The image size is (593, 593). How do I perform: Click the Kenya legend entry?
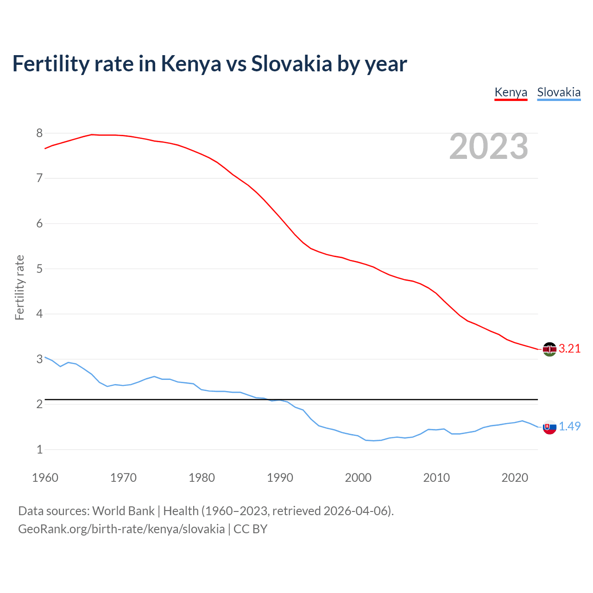click(x=511, y=92)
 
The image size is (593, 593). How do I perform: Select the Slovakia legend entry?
click(x=559, y=92)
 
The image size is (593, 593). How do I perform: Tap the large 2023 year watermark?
click(x=489, y=146)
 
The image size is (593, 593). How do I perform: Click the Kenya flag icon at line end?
click(x=549, y=349)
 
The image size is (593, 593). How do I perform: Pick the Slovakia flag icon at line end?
click(x=549, y=427)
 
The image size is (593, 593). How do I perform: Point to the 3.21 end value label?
click(x=569, y=349)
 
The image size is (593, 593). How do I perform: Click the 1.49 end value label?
click(x=569, y=427)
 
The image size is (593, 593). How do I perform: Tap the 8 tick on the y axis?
click(x=39, y=133)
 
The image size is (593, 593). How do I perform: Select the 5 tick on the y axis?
click(x=39, y=269)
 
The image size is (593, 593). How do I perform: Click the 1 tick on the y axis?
click(x=39, y=449)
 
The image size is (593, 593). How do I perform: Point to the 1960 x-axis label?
click(x=45, y=478)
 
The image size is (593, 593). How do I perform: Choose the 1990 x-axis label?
click(x=280, y=478)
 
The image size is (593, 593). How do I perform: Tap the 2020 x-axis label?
click(x=515, y=478)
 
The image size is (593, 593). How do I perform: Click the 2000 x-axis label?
click(x=358, y=478)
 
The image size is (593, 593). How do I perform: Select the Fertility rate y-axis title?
click(x=19, y=287)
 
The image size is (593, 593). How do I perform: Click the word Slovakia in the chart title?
click(x=292, y=64)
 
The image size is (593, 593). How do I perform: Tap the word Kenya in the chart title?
click(x=191, y=64)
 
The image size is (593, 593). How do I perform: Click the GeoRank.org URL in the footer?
click(x=121, y=529)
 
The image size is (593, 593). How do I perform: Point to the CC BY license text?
click(x=250, y=529)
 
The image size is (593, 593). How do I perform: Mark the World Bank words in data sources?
click(x=123, y=511)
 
